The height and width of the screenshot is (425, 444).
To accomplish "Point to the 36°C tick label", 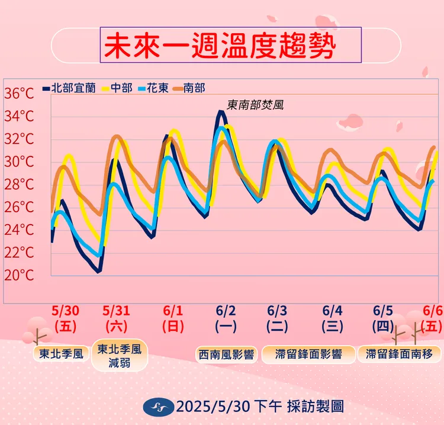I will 20,94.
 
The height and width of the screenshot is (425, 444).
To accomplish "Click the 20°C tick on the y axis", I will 20,276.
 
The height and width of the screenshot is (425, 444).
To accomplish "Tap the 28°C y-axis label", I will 20,184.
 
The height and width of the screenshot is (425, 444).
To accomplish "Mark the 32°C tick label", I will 20,139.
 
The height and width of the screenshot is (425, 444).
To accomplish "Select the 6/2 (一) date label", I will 226,318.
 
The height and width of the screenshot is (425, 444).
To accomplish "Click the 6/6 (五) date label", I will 432,318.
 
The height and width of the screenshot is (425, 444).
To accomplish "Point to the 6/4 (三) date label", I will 333,318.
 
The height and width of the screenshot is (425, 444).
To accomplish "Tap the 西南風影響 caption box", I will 226,354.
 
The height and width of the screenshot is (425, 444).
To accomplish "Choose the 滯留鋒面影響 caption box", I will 309,354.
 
